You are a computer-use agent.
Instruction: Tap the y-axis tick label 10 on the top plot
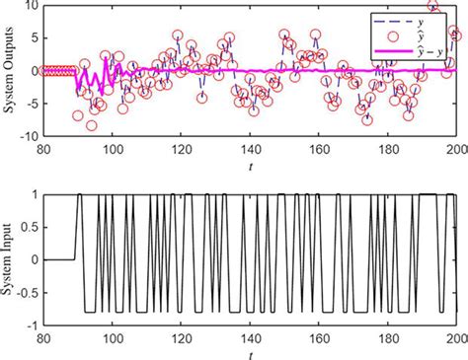tap(32, 6)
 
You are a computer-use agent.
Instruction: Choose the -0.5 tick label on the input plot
tap(27, 292)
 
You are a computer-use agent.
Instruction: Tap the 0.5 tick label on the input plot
tap(29, 228)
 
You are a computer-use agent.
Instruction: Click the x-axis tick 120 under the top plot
tap(180, 149)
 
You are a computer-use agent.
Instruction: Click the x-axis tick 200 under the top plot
tap(454, 149)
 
